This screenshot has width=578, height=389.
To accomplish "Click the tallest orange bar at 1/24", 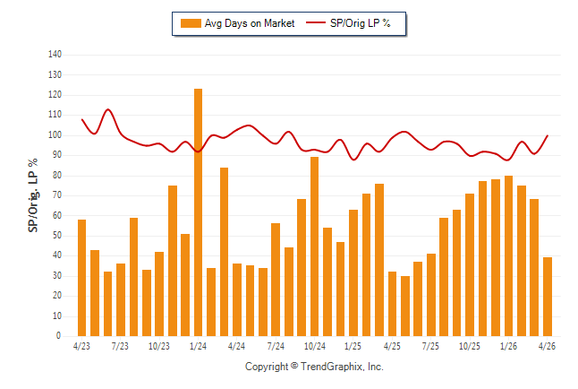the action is pos(198,212).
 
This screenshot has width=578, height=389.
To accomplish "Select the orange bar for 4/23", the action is pos(81,278).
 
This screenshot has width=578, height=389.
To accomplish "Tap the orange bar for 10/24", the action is pos(314,246).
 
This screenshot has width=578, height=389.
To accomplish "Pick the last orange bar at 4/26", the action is pos(548,297).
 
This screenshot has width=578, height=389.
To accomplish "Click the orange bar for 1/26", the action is pos(509,256).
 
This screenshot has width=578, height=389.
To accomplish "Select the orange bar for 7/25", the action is pos(431,295).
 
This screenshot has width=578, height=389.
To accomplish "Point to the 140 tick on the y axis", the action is pos(55,55).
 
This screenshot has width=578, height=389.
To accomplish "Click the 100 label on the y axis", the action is pos(55,134).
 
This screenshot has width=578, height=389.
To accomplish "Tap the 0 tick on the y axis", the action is pos(58,336).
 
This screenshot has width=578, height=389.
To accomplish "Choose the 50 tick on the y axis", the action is pos(56,236).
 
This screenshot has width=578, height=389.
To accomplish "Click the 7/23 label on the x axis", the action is pos(120,346).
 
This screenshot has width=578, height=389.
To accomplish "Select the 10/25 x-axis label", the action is pos(469,346).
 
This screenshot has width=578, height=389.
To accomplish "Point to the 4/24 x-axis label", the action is pos(236,346).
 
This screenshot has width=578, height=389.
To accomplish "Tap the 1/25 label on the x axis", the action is pos(353,346).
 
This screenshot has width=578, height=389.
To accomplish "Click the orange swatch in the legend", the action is pos(191,23).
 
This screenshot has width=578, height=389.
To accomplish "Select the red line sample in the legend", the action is pos(316,23).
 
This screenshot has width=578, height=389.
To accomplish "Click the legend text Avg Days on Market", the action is pos(250,23).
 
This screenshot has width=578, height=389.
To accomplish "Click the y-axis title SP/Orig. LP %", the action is pos(33,195).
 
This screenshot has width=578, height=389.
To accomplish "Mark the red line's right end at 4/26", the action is pos(548,135).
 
